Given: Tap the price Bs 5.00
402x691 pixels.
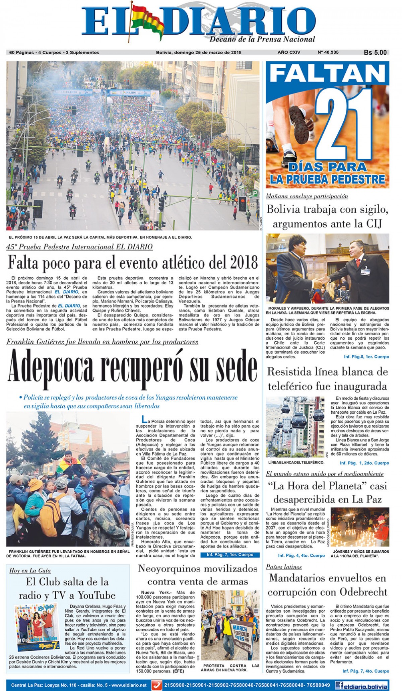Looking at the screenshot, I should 375,53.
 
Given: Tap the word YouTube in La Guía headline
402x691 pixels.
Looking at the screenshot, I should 97,595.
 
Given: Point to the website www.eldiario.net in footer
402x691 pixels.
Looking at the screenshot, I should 129,685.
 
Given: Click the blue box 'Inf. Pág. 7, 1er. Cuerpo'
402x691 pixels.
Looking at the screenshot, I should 230,555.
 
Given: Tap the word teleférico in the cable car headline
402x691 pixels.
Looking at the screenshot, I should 290,387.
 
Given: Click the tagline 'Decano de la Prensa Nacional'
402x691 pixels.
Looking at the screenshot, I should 262,40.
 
